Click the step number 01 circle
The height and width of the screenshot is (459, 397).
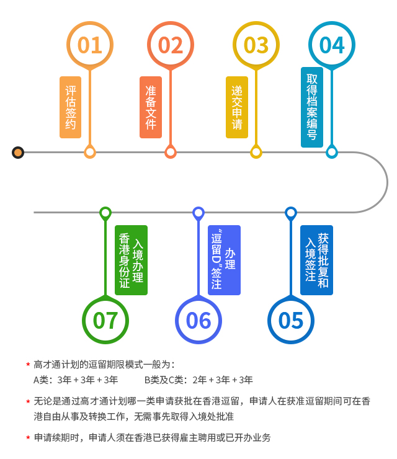(x=90, y=45)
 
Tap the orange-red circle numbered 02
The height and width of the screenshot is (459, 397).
(x=171, y=45)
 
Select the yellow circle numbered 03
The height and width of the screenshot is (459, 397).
(x=256, y=45)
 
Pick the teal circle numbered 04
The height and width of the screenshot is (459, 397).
(x=332, y=45)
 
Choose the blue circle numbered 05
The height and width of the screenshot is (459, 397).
(x=291, y=320)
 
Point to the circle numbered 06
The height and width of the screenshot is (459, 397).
(x=198, y=320)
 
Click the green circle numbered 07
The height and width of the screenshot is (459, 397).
(x=105, y=320)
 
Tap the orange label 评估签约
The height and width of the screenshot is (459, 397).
(x=71, y=107)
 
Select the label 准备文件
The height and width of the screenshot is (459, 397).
(x=151, y=107)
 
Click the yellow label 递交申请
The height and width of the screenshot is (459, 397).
(x=237, y=107)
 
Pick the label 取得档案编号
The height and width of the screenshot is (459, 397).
(x=312, y=107)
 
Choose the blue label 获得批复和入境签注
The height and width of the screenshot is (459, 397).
(x=316, y=260)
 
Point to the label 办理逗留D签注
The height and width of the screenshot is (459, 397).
(x=224, y=260)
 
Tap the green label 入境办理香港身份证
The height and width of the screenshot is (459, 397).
(x=131, y=260)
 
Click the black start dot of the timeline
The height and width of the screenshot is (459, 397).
(x=18, y=152)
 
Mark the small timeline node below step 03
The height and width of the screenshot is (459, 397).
(x=256, y=152)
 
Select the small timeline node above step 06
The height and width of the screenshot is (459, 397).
(x=198, y=213)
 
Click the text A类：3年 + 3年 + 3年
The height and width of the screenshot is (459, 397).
(x=76, y=380)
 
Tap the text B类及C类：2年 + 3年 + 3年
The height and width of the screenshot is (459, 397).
(x=198, y=380)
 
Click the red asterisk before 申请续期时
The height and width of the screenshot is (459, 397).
(x=28, y=438)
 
